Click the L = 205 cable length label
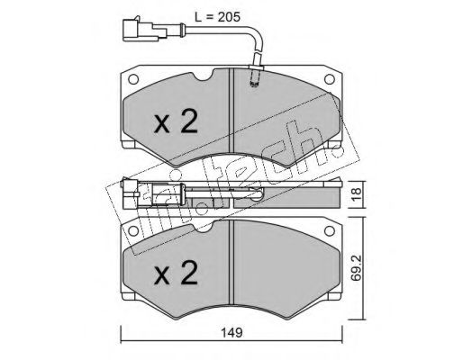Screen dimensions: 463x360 [x=217, y=17]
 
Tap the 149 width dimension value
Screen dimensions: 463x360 [x=231, y=333]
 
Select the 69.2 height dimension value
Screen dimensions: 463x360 [x=357, y=267]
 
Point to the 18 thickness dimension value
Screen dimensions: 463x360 [x=357, y=194]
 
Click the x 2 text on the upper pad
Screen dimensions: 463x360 [x=176, y=121]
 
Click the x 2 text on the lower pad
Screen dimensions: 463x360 [x=176, y=273]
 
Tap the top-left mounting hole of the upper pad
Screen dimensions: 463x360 [x=133, y=79]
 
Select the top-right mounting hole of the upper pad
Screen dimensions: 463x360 [x=330, y=79]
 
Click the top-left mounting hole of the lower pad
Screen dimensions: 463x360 [x=133, y=231]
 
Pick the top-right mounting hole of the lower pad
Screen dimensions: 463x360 [x=330, y=231]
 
